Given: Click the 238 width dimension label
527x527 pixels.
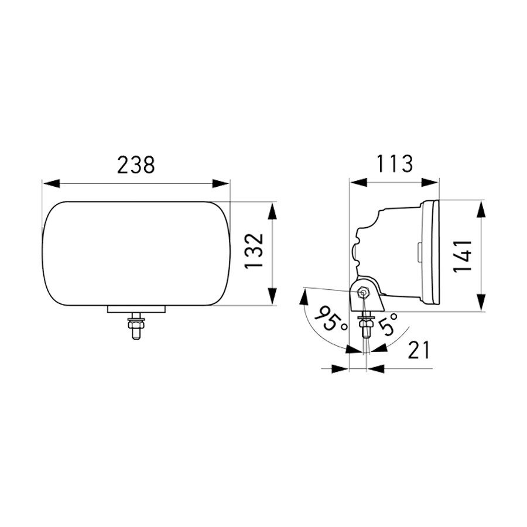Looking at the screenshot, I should click(136, 165).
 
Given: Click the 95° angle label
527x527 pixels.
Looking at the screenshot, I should click(327, 318).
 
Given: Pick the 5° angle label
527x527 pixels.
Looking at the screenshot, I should click(388, 323).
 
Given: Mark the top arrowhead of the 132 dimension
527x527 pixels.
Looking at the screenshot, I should click(273, 211).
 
